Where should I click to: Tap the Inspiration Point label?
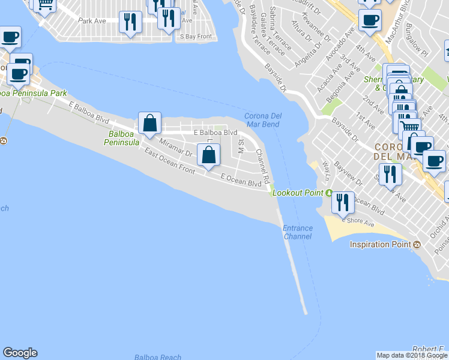pos(380,244)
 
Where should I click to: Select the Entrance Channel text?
pos(298,232)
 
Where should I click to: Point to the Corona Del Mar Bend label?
pos(262,120)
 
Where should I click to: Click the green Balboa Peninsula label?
pos(121,139)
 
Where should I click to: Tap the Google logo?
pos(20,353)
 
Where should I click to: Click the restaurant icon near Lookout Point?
pos(343,202)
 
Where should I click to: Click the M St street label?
pos(241,146)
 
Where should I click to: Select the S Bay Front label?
pos(196,37)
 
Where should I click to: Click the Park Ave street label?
pos(92,20)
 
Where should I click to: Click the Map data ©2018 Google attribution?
pos(412,355)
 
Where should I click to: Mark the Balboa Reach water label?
pos(158,357)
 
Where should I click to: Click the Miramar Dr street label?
pos(176,148)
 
